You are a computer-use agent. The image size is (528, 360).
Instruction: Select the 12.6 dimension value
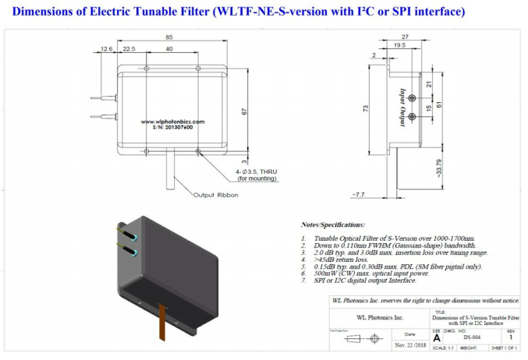point(106,49)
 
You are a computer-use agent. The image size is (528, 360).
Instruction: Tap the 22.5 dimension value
point(129,49)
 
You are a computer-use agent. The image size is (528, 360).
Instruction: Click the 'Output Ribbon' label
point(214,195)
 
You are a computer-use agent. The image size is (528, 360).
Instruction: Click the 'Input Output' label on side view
point(402,101)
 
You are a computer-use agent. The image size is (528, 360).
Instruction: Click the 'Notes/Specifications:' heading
point(333,224)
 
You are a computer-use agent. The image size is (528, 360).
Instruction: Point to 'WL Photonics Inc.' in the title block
point(380,318)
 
